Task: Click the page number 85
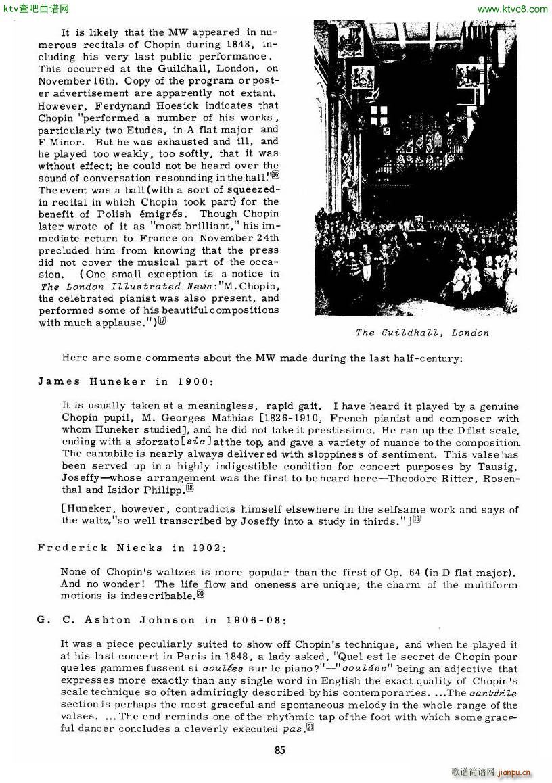(280, 749)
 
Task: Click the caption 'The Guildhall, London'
(422, 333)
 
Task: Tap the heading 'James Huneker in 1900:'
(125, 381)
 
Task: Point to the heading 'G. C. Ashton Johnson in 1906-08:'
(162, 620)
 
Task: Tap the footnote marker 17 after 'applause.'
(162, 323)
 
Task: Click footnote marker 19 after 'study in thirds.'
(417, 519)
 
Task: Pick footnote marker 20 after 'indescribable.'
(200, 595)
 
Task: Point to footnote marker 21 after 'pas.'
(310, 728)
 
